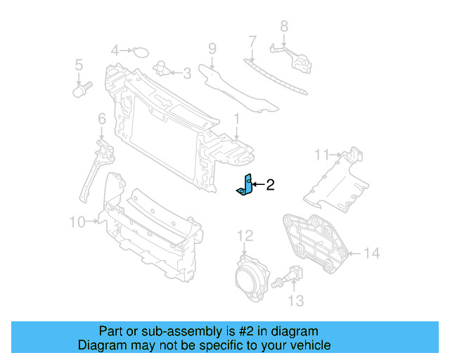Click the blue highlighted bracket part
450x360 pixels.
click(245, 186)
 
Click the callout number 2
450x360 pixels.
click(270, 185)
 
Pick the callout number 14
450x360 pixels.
click(372, 252)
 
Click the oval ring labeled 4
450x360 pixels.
click(141, 51)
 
